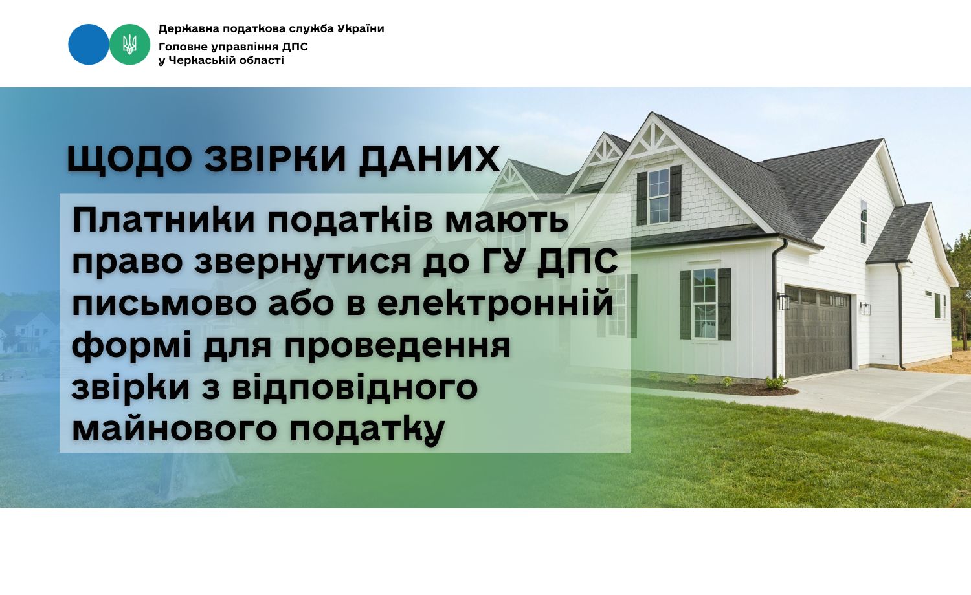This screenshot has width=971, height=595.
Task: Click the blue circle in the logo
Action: tap(89, 44)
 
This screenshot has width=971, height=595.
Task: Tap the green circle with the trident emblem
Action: tap(129, 44)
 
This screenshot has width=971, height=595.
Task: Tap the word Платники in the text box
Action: tap(163, 221)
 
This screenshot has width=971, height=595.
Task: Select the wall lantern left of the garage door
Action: tap(784, 301)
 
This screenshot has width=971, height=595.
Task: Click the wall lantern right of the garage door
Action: tap(866, 308)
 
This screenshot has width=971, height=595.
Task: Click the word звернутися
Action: tap(302, 262)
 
